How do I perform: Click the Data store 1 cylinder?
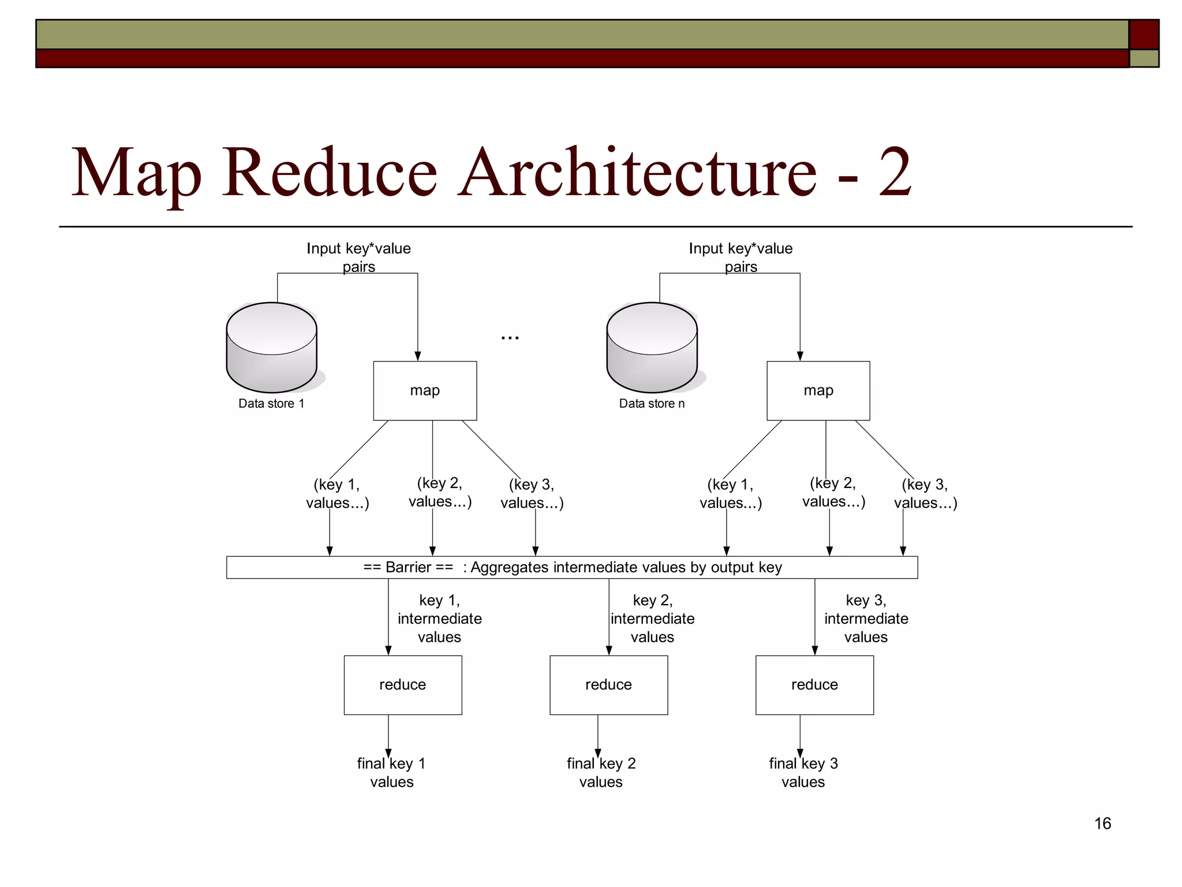271,348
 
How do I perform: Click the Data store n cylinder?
652,348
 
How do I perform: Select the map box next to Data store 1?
425,391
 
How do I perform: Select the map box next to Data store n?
818,391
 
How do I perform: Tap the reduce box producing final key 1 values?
402,685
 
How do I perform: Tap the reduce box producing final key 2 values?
608,685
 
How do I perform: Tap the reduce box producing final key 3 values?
814,685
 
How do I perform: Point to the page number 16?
1102,823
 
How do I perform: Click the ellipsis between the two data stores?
510,337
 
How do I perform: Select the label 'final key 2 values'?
601,773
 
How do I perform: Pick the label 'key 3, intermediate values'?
866,618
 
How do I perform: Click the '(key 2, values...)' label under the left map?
440,493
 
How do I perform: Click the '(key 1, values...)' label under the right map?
731,494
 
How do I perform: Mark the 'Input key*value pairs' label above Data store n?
740,257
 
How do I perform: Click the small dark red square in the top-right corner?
1144,34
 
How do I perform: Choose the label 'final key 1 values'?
391,773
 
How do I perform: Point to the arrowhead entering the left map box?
418,356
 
